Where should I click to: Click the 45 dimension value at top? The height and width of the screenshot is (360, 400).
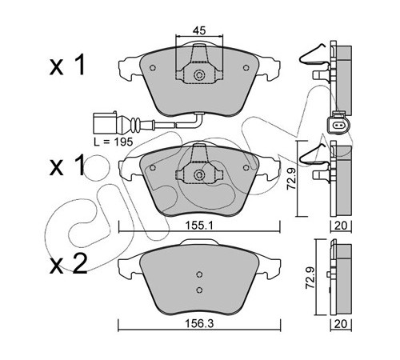pyautogui.click(x=199, y=30)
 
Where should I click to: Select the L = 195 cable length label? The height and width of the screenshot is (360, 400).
pyautogui.click(x=113, y=142)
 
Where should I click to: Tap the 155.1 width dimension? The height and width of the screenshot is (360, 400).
pyautogui.click(x=199, y=226)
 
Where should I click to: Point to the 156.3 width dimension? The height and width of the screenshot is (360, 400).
pyautogui.click(x=199, y=324)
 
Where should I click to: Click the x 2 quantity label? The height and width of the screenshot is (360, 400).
pyautogui.click(x=69, y=264)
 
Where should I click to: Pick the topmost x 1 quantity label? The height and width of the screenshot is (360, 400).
pyautogui.click(x=67, y=65)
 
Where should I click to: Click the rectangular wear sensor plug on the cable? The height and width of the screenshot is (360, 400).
pyautogui.click(x=105, y=123)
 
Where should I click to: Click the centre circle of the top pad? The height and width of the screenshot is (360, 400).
pyautogui.click(x=199, y=75)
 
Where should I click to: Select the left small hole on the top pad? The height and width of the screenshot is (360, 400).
pyautogui.click(x=153, y=68)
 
